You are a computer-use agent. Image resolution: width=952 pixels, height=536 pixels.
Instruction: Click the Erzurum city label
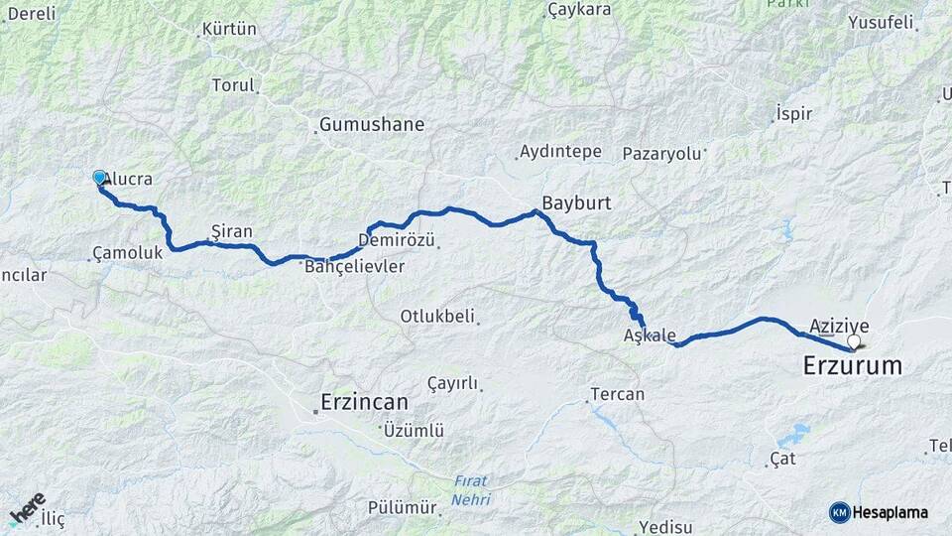pyautogui.click(x=852, y=366)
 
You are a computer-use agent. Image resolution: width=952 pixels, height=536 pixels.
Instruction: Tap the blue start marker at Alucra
pyautogui.click(x=99, y=178)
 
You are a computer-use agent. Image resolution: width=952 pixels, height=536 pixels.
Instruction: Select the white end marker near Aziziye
pyautogui.click(x=853, y=341)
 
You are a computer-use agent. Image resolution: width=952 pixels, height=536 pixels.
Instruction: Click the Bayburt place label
pyautogui.click(x=576, y=201)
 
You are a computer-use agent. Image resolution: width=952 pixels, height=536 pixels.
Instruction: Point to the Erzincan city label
pyautogui.click(x=364, y=402)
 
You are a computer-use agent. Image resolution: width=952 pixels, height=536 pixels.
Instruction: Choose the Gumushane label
pyautogui.click(x=371, y=125)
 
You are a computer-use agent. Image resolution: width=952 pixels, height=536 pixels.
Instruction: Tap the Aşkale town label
pyautogui.click(x=650, y=335)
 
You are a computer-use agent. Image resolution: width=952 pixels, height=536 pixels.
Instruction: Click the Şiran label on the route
pyautogui.click(x=232, y=232)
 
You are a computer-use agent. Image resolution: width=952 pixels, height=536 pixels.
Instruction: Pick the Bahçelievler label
pyautogui.click(x=354, y=267)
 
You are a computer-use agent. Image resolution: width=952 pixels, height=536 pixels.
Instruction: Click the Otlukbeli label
pyautogui.click(x=436, y=317)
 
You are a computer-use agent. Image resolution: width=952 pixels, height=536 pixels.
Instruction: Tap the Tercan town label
pyautogui.click(x=617, y=394)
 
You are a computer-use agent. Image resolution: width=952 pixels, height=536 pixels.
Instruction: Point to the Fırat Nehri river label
pyautogui.click(x=471, y=490)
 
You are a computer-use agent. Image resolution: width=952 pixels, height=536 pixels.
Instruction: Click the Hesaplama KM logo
pyautogui.click(x=879, y=512)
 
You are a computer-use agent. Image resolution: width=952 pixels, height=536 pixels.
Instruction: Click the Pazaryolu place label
pyautogui.click(x=661, y=154)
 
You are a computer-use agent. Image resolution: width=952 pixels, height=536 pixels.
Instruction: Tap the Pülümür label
pyautogui.click(x=402, y=507)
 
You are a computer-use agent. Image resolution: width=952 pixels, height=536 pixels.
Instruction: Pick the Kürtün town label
pyautogui.click(x=229, y=30)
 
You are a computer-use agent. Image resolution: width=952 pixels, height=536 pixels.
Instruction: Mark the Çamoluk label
pyautogui.click(x=126, y=253)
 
